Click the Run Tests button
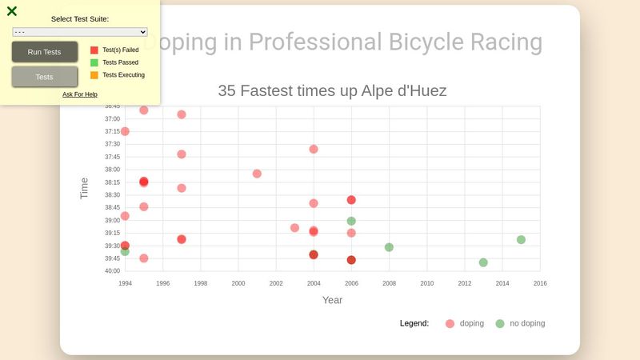click(44, 52)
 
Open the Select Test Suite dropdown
click(80, 32)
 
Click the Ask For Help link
click(80, 94)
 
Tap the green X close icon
click(12, 11)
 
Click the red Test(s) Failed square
click(94, 50)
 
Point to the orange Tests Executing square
click(94, 75)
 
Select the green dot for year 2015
click(521, 239)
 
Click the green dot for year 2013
click(483, 262)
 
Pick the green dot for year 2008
click(389, 247)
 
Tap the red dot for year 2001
click(257, 174)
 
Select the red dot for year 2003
click(294, 228)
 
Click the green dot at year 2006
click(351, 221)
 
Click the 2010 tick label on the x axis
click(426, 283)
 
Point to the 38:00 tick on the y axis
click(112, 170)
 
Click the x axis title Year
click(332, 300)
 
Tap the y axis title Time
click(84, 188)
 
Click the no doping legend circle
click(500, 323)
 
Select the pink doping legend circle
click(450, 323)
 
